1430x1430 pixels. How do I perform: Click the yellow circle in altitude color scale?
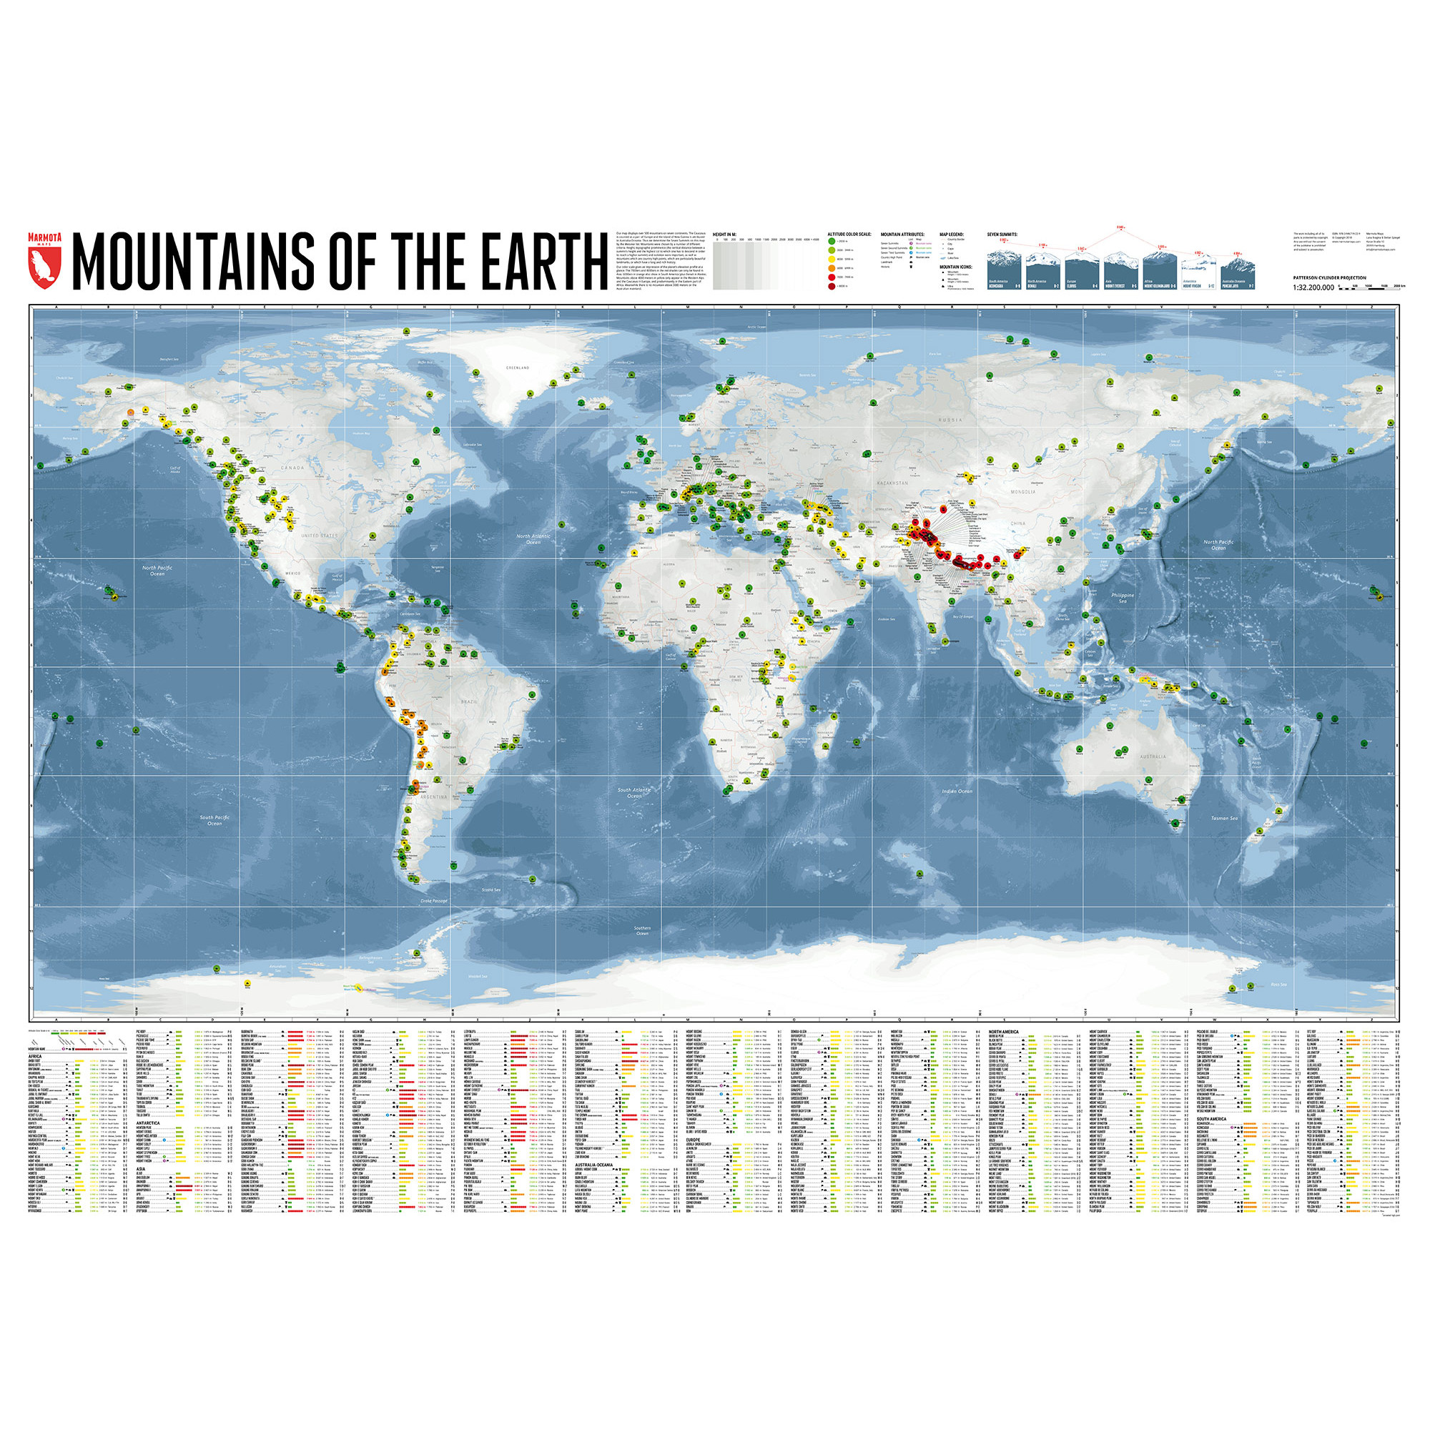832,260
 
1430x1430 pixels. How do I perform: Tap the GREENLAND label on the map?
518,368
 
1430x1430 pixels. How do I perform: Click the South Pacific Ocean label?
214,820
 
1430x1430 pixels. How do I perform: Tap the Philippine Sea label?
1122,598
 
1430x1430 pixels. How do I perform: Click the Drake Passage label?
435,902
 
